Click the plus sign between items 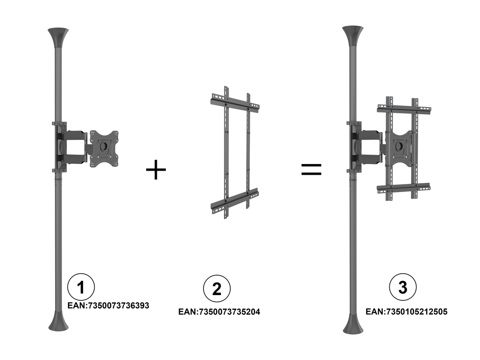tap(156, 169)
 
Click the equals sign tap(311, 169)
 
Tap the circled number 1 tap(81, 287)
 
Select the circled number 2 tap(217, 289)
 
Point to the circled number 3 tap(403, 287)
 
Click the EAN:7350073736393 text tap(108, 305)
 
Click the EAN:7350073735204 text tap(219, 312)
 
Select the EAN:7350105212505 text tap(407, 312)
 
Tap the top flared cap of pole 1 tap(58, 37)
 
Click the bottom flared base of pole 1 tap(58, 321)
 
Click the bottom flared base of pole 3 tap(353, 323)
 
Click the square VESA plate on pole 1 tap(104, 149)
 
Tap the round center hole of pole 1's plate tap(104, 146)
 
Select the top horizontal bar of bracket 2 tap(235, 102)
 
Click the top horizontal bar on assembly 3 tap(404, 108)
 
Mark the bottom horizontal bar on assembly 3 tap(404, 188)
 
